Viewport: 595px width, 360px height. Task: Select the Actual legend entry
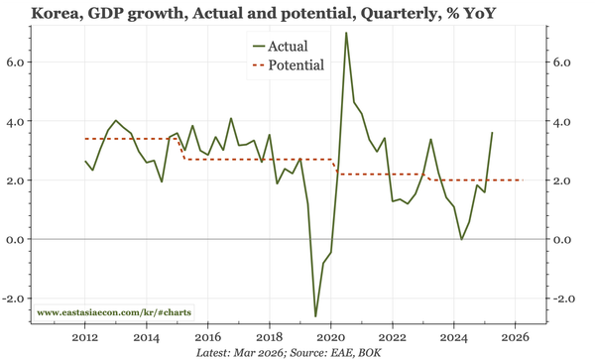pyautogui.click(x=288, y=46)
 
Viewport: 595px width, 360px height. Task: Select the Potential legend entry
pyautogui.click(x=297, y=66)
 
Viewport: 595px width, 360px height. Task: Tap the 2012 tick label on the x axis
pyautogui.click(x=85, y=336)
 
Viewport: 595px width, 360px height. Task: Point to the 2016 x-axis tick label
pyautogui.click(x=207, y=336)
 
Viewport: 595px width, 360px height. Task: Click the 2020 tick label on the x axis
pyautogui.click(x=330, y=336)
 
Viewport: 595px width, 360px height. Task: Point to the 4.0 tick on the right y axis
pyautogui.click(x=562, y=121)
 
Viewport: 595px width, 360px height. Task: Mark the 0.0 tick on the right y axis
pyautogui.click(x=562, y=240)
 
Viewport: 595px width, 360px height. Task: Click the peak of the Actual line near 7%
pyautogui.click(x=346, y=33)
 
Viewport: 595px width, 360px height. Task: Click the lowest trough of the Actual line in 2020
pyautogui.click(x=315, y=316)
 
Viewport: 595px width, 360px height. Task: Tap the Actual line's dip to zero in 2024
pyautogui.click(x=461, y=239)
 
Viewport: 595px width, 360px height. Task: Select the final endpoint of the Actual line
pyautogui.click(x=492, y=133)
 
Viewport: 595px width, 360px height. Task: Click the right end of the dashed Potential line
pyautogui.click(x=523, y=180)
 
